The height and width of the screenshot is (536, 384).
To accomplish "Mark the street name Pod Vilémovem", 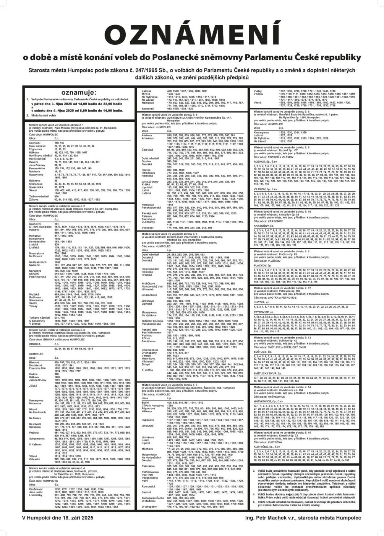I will [x=152, y=332].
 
